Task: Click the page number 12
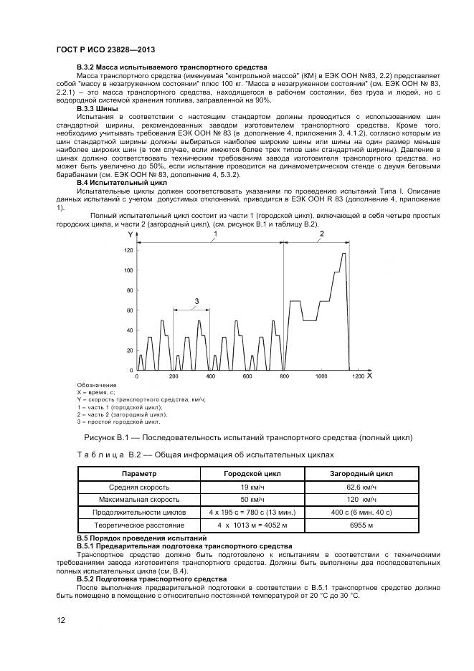point(60,620)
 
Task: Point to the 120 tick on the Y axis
point(129,250)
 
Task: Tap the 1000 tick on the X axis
point(321,376)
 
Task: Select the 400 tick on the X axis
point(209,376)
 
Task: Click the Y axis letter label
point(130,234)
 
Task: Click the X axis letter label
point(369,375)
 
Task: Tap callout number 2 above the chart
point(321,234)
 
